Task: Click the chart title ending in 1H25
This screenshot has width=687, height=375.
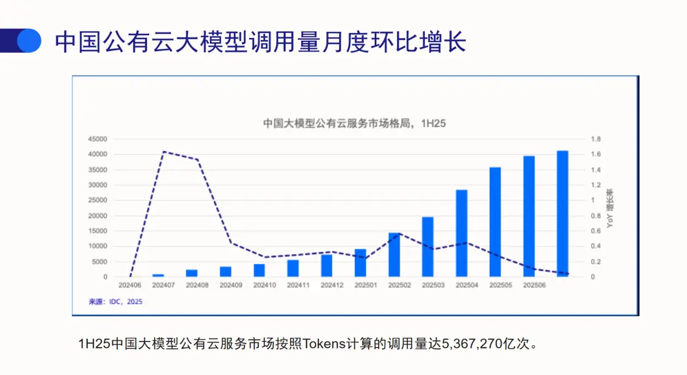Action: [354, 123]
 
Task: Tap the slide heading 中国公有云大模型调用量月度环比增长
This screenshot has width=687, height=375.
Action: [261, 42]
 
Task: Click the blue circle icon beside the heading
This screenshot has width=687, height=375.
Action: [28, 42]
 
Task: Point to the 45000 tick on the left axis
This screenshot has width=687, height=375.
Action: [98, 139]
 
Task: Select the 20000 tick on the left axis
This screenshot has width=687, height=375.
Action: [98, 216]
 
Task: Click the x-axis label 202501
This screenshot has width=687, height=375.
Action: [365, 285]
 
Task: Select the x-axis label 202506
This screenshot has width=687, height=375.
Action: [534, 285]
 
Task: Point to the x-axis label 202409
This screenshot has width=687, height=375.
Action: [230, 285]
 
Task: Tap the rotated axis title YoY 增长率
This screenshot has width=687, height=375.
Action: [609, 208]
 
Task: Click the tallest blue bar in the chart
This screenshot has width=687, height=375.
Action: [562, 214]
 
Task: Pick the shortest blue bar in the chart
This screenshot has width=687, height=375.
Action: [158, 275]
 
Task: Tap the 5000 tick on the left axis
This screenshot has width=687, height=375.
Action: [100, 262]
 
